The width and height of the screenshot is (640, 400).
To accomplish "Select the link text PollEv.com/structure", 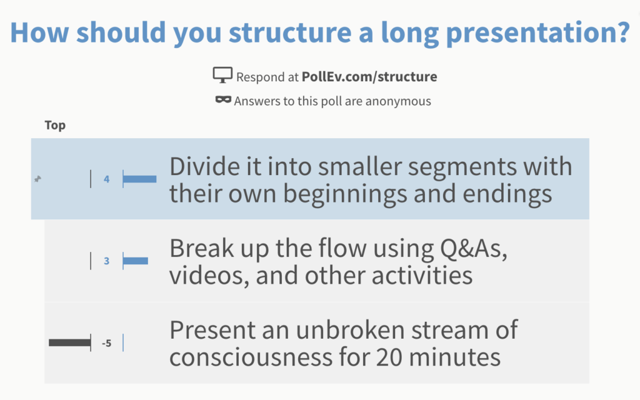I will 369,77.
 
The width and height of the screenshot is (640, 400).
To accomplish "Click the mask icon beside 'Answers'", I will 223,100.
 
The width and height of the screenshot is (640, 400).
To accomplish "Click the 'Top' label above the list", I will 55,126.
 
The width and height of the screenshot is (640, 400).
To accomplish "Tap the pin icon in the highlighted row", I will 37,179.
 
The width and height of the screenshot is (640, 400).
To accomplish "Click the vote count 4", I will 107,179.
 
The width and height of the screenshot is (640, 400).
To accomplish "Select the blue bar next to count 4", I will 139,179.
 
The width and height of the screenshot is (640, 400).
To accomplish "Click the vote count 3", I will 107,261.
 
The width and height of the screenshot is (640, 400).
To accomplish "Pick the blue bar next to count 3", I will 136,261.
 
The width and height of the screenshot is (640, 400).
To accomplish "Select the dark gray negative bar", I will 69,342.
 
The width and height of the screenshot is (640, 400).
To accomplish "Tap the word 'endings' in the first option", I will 507,194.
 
